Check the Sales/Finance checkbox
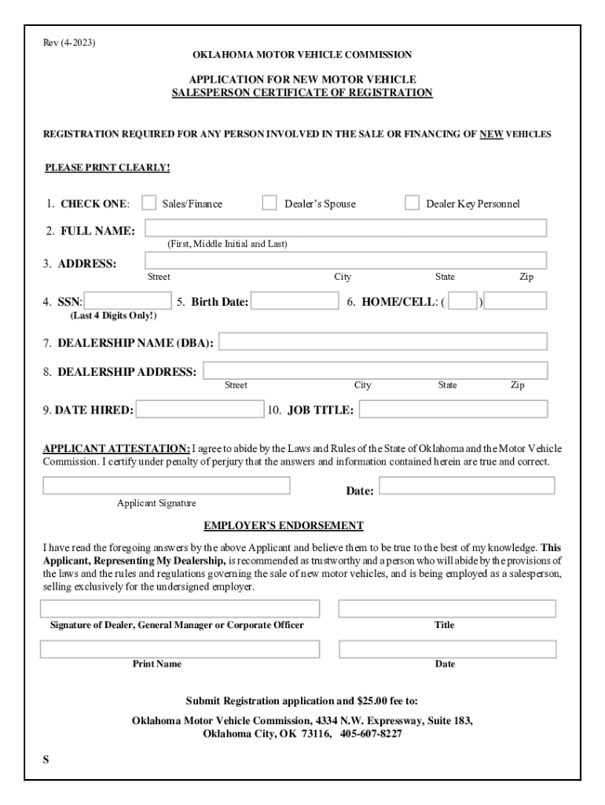148,203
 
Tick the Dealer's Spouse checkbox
269,203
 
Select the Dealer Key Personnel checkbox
412,203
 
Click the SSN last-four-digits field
128,300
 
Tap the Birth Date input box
295,300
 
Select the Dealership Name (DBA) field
383,341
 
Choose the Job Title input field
453,409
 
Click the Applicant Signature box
166,485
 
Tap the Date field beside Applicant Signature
467,485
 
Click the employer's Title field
447,608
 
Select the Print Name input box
180,649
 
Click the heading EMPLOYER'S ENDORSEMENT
284,525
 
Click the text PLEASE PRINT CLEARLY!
108,167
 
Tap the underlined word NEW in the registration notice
491,134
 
